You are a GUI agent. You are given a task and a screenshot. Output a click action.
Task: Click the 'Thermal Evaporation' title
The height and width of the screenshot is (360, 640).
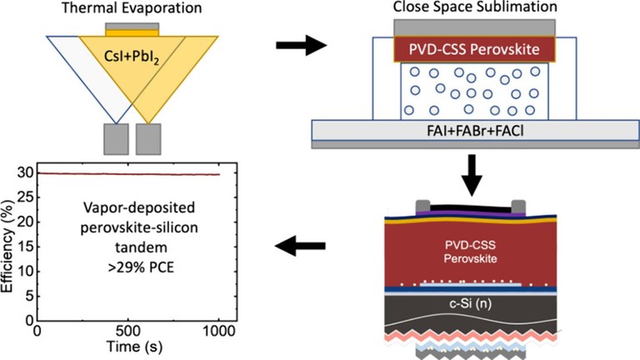click(132, 7)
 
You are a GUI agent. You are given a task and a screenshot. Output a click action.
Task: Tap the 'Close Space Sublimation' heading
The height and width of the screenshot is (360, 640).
click(475, 7)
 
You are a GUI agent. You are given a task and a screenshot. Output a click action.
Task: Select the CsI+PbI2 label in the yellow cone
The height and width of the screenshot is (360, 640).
click(132, 56)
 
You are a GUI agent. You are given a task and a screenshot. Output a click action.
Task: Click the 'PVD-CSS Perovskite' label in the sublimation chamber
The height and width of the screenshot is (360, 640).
click(474, 49)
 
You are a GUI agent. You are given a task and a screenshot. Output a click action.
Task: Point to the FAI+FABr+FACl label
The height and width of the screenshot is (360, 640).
click(475, 131)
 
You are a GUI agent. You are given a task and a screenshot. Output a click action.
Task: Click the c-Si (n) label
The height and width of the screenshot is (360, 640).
click(471, 303)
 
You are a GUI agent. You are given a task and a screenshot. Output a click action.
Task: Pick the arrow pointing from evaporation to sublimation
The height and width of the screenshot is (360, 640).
click(301, 45)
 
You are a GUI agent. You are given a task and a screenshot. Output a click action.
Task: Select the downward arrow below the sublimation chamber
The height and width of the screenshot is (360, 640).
click(472, 176)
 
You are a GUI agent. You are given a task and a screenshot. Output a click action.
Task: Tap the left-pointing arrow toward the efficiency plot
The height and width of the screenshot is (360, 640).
click(300, 246)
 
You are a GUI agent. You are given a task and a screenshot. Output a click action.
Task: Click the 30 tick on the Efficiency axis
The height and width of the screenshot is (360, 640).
click(25, 173)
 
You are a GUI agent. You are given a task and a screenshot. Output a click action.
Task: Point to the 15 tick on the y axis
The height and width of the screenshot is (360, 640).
click(25, 247)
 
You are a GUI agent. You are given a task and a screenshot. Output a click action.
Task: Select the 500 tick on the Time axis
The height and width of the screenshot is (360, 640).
click(128, 331)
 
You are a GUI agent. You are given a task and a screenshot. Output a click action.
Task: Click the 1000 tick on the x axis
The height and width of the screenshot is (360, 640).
click(219, 331)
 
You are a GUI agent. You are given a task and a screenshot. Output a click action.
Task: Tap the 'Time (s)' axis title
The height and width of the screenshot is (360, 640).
click(134, 347)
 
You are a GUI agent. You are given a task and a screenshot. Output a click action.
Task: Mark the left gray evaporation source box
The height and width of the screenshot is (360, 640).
click(117, 139)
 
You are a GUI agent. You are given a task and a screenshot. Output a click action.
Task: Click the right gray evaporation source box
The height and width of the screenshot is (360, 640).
click(148, 139)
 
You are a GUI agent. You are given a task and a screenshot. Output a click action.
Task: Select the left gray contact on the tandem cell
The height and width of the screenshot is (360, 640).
click(422, 207)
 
